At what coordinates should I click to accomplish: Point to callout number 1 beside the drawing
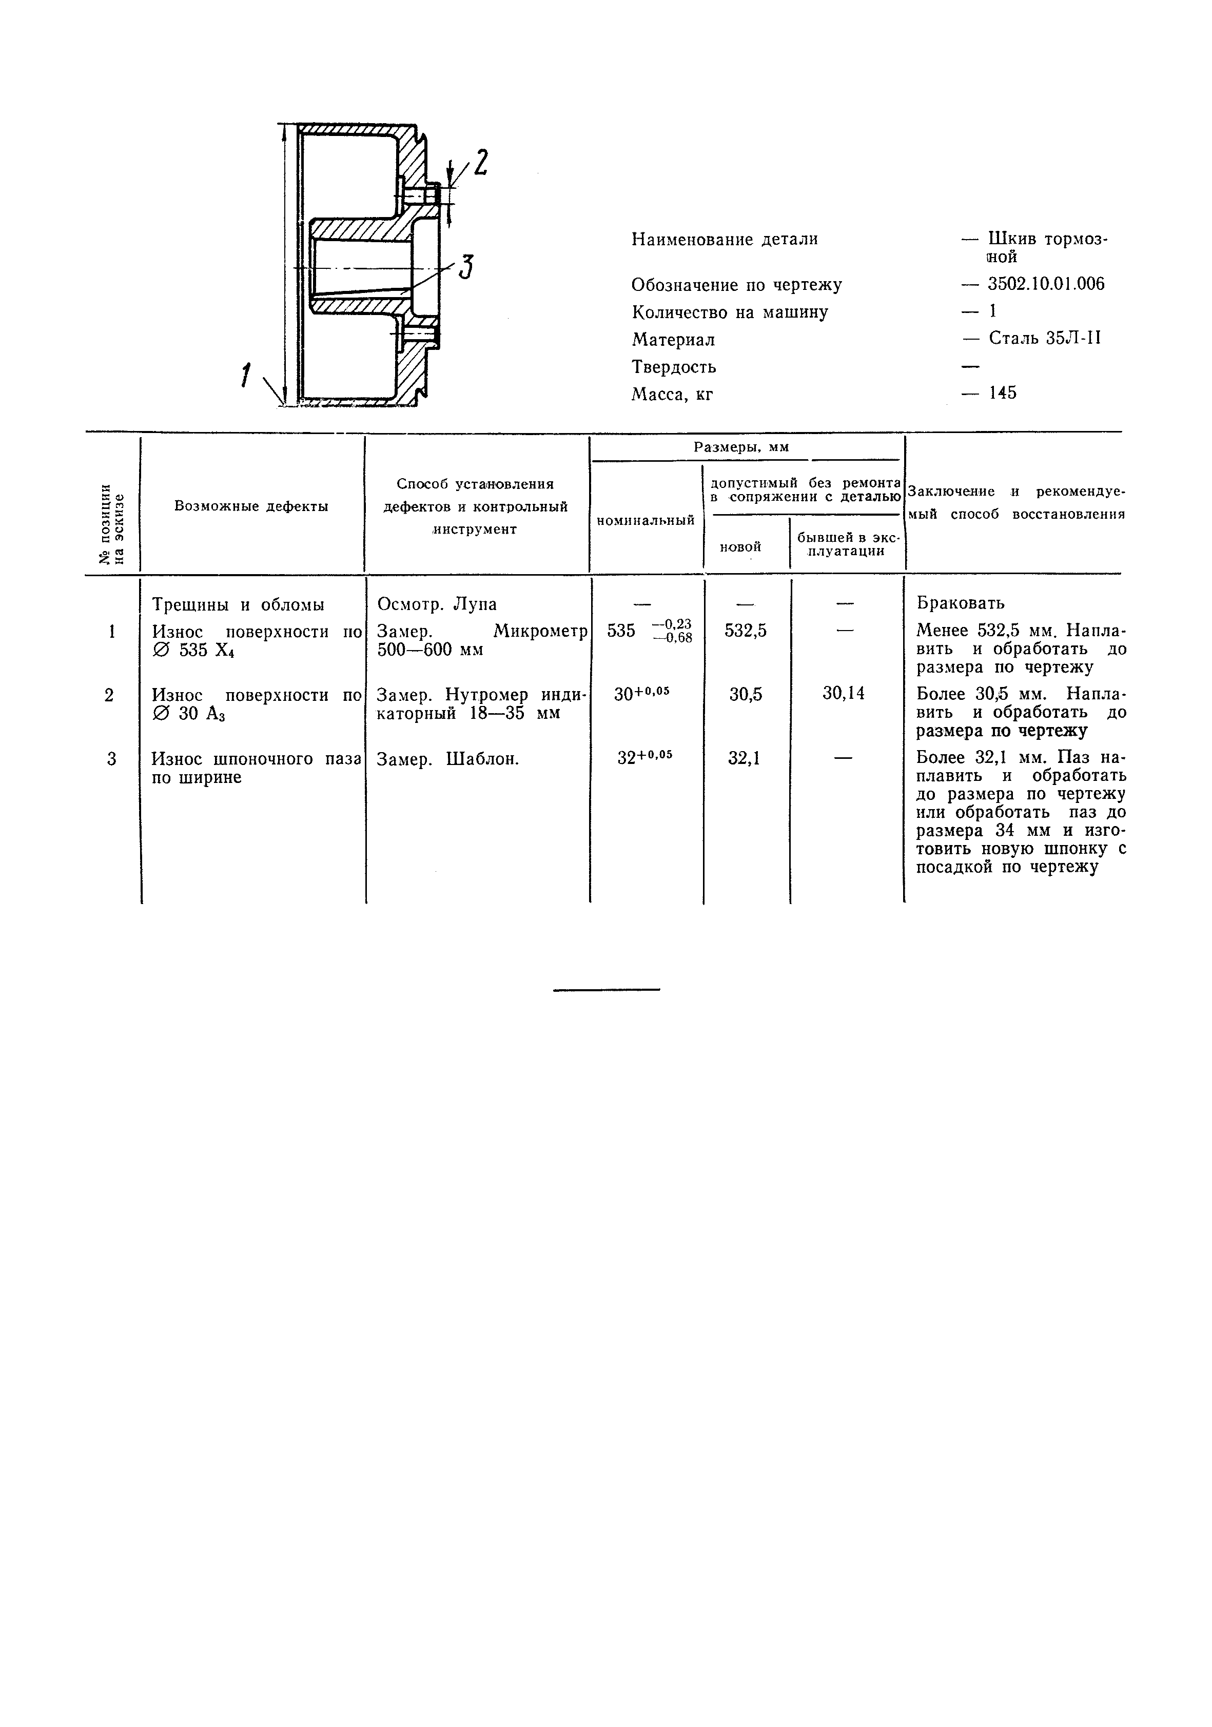245,375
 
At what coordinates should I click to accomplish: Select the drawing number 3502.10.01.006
1046,284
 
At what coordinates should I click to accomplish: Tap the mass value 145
1002,392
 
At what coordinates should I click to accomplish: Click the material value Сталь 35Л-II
1044,339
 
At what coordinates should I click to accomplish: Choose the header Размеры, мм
741,447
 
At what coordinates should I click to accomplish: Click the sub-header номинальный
646,520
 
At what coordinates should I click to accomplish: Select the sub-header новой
740,547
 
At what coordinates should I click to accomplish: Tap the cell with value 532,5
746,631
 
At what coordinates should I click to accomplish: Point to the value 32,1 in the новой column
744,759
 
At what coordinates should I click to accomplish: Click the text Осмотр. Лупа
436,604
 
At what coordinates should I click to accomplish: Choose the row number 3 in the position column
111,759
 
